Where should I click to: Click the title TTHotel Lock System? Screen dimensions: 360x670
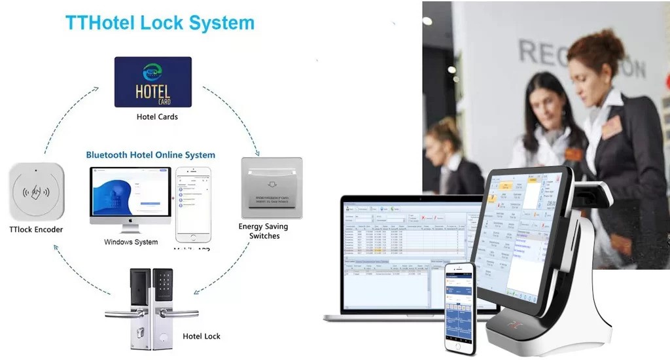pos(160,23)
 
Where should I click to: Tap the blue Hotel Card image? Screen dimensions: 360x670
pos(153,82)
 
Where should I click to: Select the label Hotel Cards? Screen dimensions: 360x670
pos(157,117)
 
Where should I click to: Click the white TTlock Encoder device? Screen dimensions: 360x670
pos(37,192)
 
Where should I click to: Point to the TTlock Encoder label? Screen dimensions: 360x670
pos(37,230)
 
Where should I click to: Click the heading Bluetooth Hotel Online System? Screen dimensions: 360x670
pos(150,155)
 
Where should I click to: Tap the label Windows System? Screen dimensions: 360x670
pos(131,242)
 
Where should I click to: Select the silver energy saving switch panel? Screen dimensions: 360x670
pos(272,187)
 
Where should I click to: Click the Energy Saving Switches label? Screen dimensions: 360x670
pos(264,231)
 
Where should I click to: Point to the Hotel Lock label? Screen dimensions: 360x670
pos(202,336)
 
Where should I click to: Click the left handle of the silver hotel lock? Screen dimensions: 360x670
pos(124,313)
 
